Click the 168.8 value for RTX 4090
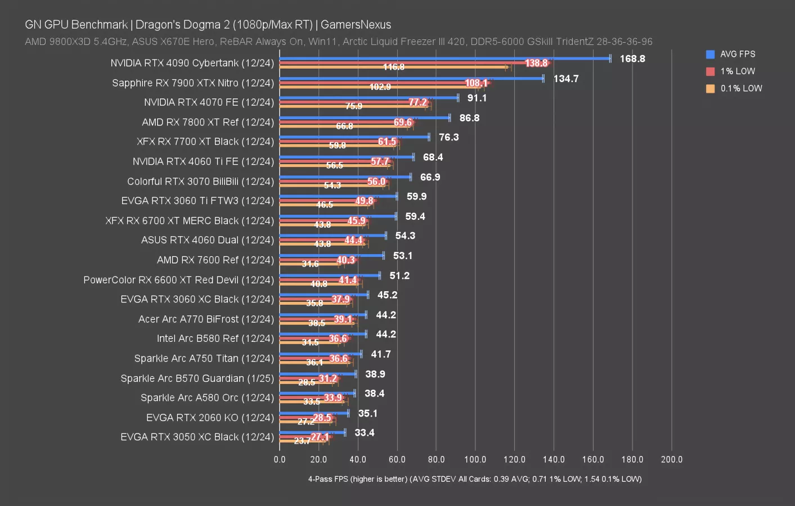(632, 58)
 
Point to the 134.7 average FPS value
(566, 79)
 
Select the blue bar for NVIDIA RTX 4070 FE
(369, 98)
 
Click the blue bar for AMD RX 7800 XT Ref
(365, 118)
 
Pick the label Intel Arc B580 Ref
(215, 338)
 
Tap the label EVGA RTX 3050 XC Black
(197, 437)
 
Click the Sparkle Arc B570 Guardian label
(197, 378)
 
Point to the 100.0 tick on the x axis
(475, 459)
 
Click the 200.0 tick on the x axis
(671, 459)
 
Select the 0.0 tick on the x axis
(280, 459)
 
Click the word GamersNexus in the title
(356, 25)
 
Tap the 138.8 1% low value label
(536, 63)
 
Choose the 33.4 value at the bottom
(365, 432)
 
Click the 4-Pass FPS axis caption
(474, 479)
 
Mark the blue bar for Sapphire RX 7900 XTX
(411, 78)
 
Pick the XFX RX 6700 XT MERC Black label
(190, 220)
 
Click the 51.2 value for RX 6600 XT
(399, 275)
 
